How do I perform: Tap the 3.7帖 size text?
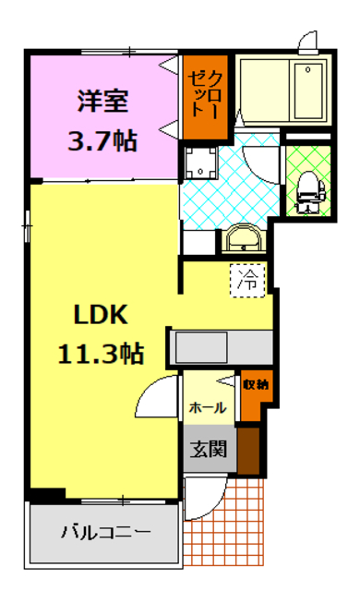[x=102, y=140]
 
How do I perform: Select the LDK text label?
[x=100, y=316]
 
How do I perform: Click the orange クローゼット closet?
[x=202, y=92]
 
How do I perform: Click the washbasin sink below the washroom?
[x=243, y=239]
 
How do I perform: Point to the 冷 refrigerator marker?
[x=248, y=279]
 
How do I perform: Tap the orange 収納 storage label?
[x=256, y=385]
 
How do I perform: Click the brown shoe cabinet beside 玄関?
[x=247, y=449]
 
